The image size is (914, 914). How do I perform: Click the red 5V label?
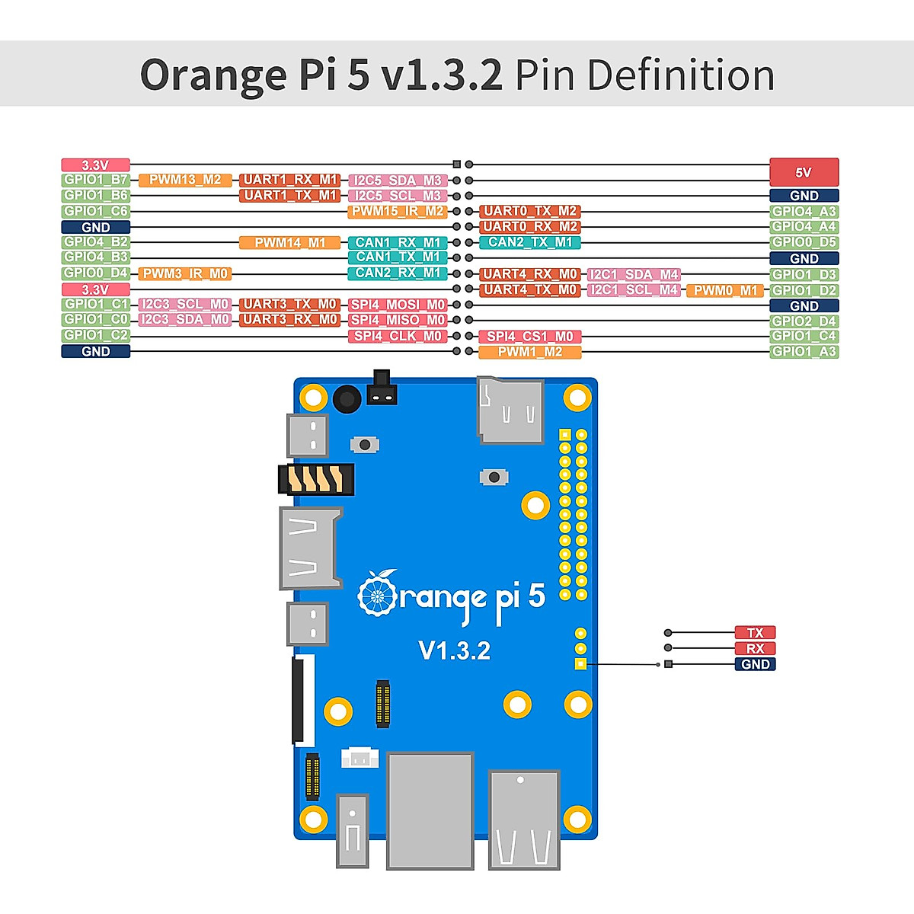tap(804, 172)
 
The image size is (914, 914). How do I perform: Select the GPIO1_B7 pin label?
tap(96, 180)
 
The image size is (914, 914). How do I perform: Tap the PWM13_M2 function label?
tap(185, 180)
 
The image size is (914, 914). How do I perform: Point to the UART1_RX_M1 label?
tap(289, 180)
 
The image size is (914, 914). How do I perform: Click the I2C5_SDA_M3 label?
tap(397, 181)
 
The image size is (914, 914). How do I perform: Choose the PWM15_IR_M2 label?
tap(397, 211)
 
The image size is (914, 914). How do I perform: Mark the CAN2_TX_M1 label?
tap(530, 242)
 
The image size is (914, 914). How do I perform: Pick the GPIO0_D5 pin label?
tap(804, 242)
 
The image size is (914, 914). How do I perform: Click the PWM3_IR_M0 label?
tap(185, 273)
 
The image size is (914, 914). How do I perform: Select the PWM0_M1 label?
tap(725, 290)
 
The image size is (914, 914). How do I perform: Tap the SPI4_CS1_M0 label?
tap(530, 336)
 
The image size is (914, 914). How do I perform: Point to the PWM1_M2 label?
tap(530, 352)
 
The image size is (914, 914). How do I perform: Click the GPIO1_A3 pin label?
tap(804, 351)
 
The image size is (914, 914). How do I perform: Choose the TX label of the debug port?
tap(755, 632)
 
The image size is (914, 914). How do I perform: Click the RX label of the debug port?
tap(755, 648)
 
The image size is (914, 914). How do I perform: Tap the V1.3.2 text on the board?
tap(455, 650)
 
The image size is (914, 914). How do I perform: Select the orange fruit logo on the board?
tap(377, 594)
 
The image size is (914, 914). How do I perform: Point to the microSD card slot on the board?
tap(510, 411)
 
